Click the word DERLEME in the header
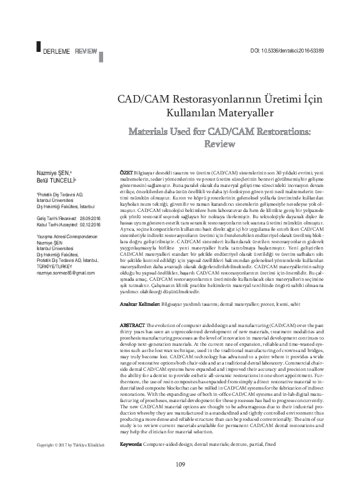pos(56,49)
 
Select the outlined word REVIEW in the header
pos(85,49)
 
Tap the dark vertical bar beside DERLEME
pos(39,47)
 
